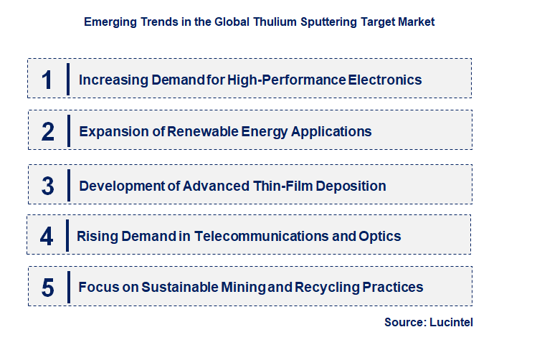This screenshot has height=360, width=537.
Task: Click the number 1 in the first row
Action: pos(47,79)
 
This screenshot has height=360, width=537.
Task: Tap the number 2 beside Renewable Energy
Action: pos(47,131)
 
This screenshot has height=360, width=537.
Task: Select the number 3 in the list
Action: pos(47,186)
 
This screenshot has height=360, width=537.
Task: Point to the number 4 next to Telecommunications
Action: pos(47,236)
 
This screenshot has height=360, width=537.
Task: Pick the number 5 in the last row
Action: pos(47,288)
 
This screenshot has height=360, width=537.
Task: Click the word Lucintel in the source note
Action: pos(452,323)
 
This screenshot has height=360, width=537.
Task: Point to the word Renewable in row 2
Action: pos(200,131)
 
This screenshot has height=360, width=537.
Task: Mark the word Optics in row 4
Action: pos(380,236)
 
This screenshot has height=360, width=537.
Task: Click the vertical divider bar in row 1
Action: pos(68,79)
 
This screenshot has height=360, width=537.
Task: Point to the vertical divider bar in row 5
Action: pos(68,288)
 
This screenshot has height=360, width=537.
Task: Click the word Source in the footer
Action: pos(405,323)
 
